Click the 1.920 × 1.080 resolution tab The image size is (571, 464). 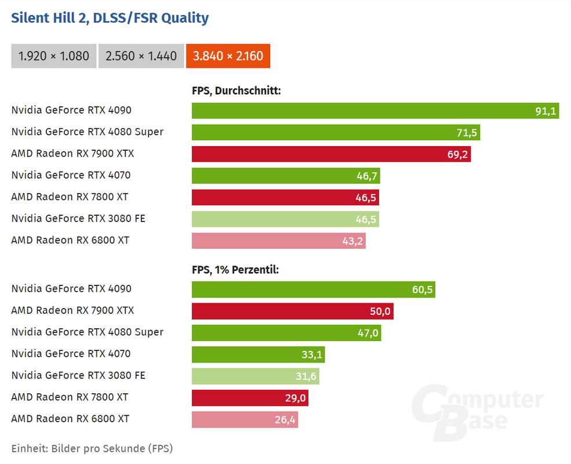point(54,56)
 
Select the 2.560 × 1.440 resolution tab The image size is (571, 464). point(141,56)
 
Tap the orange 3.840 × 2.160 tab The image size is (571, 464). point(228,56)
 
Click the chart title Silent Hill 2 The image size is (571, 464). point(110,18)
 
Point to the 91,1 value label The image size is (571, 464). point(545,111)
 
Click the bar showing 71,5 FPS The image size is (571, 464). point(336,132)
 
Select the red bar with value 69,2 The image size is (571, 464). point(331,154)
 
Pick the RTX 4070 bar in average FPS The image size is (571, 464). point(286,176)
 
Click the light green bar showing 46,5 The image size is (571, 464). point(285,219)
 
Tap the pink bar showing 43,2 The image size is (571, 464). point(279,241)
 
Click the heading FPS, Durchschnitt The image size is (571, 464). point(237,90)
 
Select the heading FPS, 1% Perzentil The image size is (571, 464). point(235,270)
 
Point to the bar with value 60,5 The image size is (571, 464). point(313,289)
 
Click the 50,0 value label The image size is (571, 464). point(381,311)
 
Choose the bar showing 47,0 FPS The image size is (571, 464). point(286,333)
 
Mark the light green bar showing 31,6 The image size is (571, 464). point(255,376)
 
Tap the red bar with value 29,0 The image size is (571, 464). point(250,398)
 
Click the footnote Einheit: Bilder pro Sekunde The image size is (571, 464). point(92,448)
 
